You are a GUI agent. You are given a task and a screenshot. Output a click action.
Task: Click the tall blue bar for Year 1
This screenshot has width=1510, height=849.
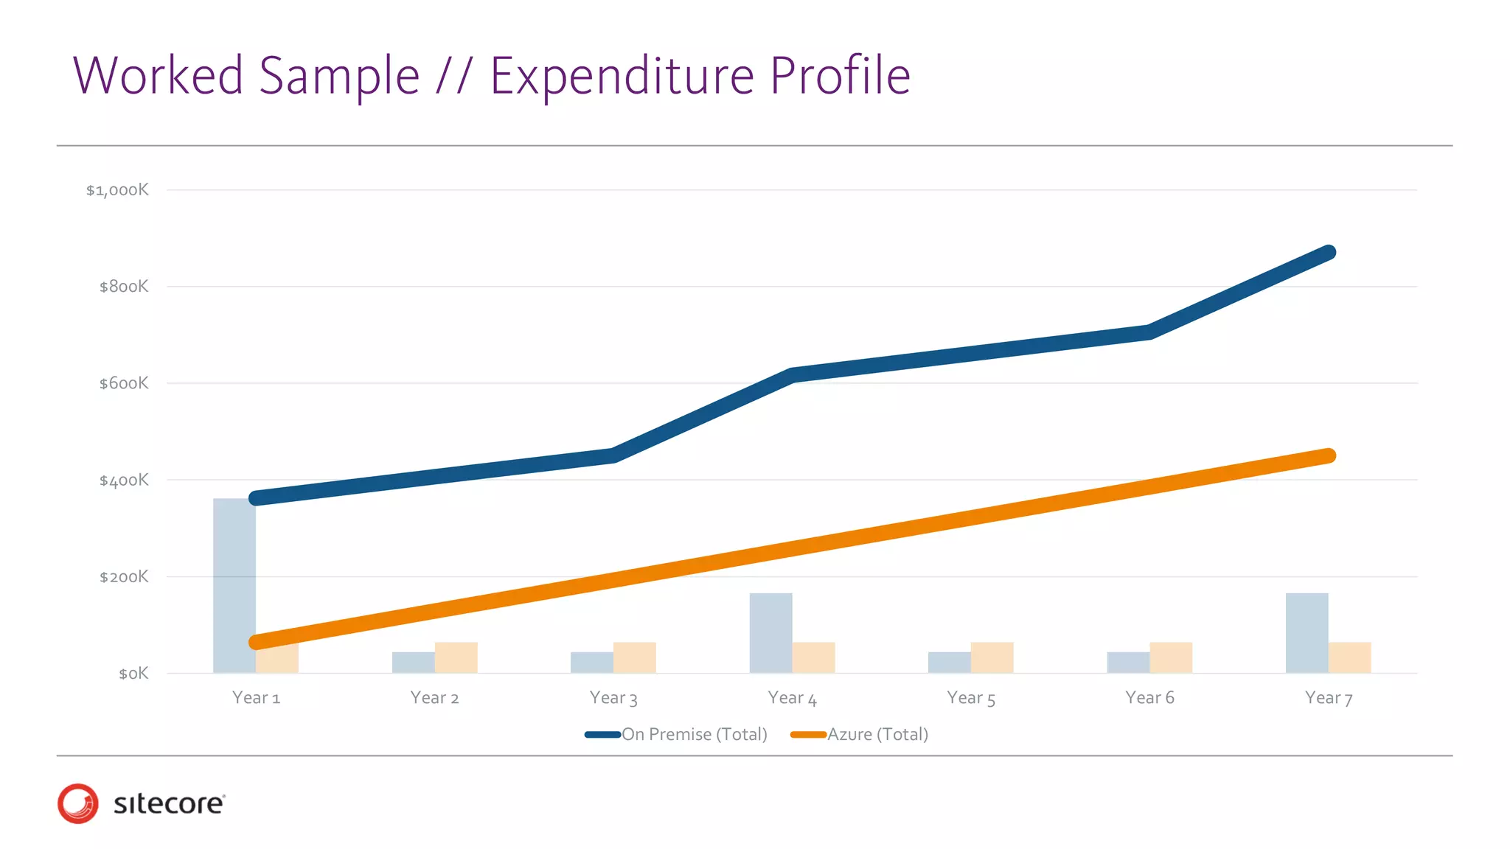pos(234,586)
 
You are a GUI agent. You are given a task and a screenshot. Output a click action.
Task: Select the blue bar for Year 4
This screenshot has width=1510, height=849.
pos(770,633)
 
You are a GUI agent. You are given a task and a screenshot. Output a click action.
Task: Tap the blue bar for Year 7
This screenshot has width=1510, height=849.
pos(1307,633)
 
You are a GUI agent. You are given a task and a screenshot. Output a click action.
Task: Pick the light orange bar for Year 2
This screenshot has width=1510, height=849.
pos(456,657)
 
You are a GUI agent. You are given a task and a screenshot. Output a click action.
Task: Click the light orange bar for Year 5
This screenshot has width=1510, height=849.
pos(992,657)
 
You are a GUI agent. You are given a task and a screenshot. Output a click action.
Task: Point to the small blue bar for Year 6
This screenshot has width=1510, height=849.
pos(1128,663)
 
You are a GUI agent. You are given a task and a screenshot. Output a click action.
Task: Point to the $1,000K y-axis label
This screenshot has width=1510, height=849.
pos(117,190)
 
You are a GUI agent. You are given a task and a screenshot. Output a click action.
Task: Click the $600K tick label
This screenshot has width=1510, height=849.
pos(124,383)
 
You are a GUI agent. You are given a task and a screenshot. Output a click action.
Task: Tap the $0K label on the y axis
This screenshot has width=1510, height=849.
pos(133,674)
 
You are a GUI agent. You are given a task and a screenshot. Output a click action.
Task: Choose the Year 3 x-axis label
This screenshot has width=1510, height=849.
pos(613,698)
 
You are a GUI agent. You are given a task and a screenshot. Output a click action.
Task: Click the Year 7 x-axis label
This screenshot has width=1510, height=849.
pos(1329,698)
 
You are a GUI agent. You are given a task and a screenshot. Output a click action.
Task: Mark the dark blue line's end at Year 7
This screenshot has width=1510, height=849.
pos(1328,253)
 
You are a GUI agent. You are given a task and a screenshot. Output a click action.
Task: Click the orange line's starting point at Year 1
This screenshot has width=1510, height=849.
pos(257,642)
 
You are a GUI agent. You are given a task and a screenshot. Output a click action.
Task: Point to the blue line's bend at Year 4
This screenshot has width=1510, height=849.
pos(792,375)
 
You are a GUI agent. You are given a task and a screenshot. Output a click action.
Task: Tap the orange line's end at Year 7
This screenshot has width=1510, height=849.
pos(1328,455)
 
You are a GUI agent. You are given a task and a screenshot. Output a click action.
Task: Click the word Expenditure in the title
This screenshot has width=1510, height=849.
pos(622,76)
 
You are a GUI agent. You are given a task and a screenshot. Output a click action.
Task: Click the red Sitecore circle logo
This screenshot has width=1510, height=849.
pos(78,803)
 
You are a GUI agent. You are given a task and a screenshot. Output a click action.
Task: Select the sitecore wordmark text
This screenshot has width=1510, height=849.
pos(169,803)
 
